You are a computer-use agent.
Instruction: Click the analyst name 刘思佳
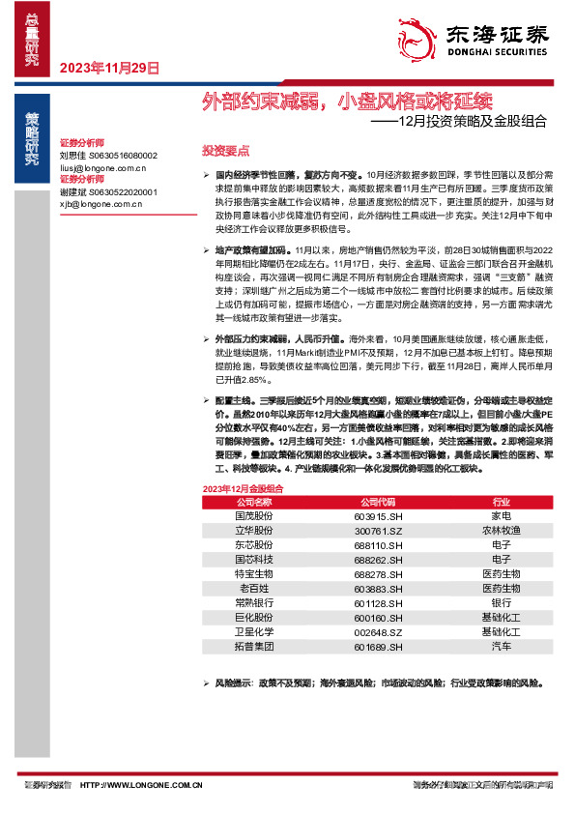[73, 155]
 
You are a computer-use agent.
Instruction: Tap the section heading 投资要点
[225, 151]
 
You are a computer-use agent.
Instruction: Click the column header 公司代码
[378, 503]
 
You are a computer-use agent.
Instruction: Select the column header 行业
[501, 503]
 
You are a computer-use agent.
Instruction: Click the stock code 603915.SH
[378, 517]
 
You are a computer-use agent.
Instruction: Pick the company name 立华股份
[256, 531]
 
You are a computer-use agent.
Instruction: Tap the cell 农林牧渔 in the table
[501, 531]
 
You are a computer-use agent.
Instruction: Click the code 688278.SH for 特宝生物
[378, 573]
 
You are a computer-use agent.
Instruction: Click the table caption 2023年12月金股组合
[243, 489]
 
